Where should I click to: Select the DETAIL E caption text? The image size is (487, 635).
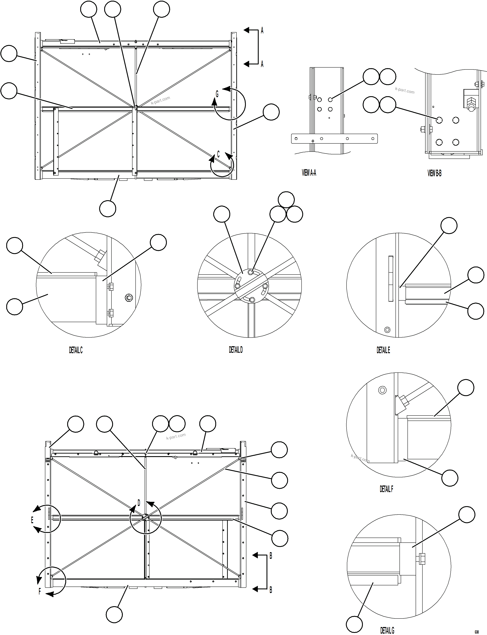coord(383,350)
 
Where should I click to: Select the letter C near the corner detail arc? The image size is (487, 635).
coord(218,154)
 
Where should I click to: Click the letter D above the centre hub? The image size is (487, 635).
coord(139,503)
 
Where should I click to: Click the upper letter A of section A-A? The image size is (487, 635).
coord(262,30)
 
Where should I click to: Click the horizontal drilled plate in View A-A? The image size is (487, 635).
coord(334,139)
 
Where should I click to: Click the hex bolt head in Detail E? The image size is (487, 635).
coord(387,330)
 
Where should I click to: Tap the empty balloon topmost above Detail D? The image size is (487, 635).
coord(286,200)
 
